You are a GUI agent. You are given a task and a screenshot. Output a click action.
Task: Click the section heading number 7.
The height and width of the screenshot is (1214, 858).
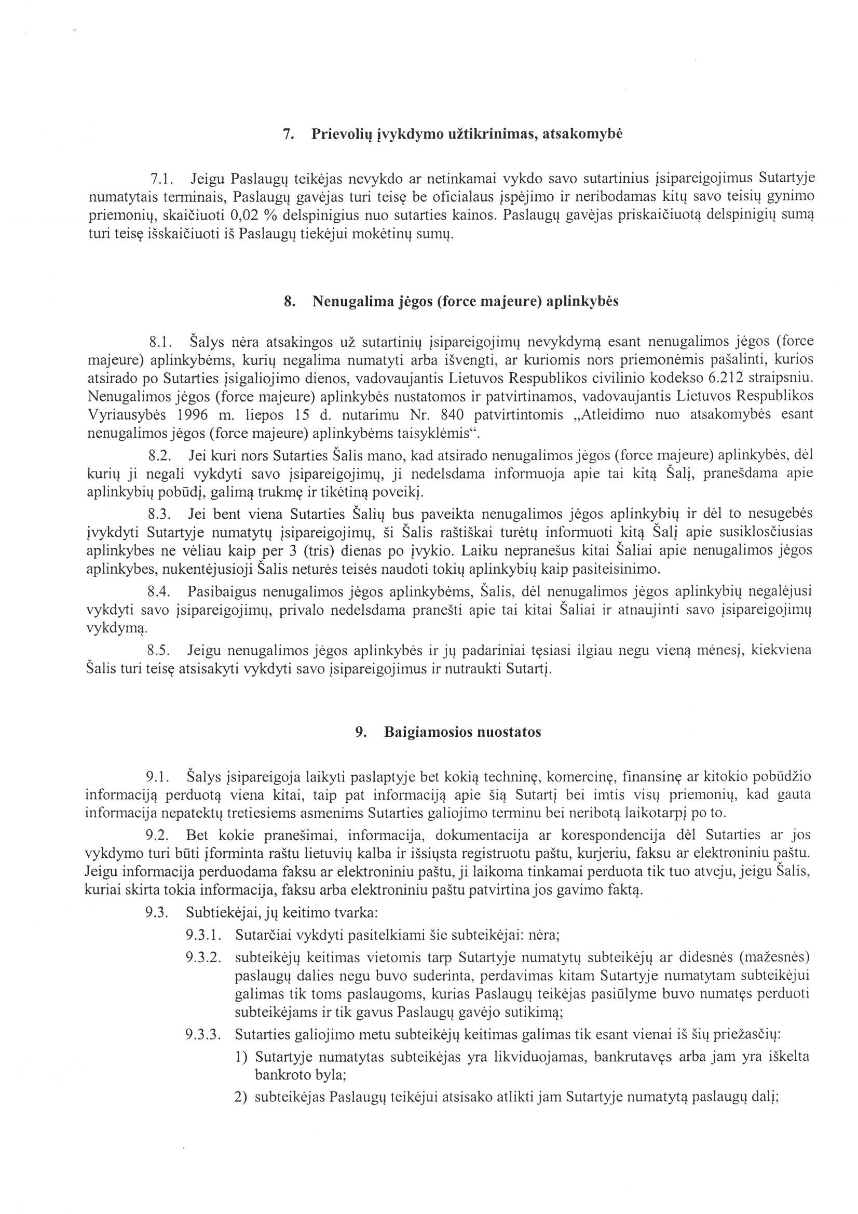click(288, 134)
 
